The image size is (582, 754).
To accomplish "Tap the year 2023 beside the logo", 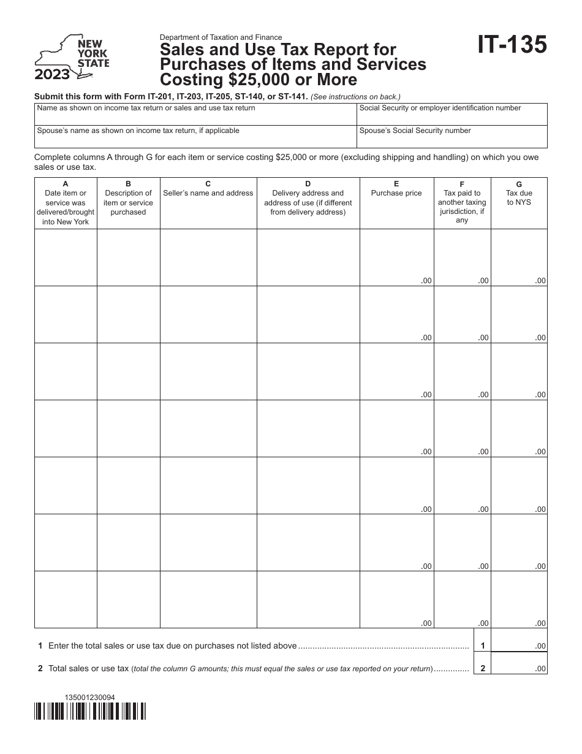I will coord(52,75).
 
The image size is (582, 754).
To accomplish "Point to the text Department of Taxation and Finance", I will coord(221,37).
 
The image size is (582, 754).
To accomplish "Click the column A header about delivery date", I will coord(66,203).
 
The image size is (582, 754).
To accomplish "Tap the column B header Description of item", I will coord(128,198).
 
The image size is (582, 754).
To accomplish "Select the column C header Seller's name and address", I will coord(208,189).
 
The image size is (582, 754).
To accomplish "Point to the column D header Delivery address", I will coord(308,198).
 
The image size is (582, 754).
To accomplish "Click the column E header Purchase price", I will coord(396,189).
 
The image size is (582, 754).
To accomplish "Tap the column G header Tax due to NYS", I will coord(519,193).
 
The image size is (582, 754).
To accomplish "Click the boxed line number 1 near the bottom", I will coord(483,645).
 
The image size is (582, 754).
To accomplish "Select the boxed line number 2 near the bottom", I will coord(483,669).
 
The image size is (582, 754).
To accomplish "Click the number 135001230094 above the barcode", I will coord(89,698).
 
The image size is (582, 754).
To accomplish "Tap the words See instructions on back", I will coord(356,97).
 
